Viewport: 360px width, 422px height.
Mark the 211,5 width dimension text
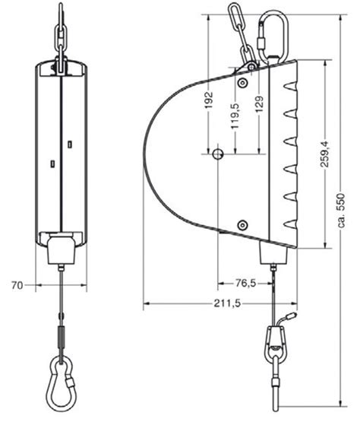(x=220, y=304)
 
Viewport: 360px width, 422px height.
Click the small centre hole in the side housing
(x=218, y=154)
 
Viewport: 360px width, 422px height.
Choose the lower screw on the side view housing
(x=242, y=224)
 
